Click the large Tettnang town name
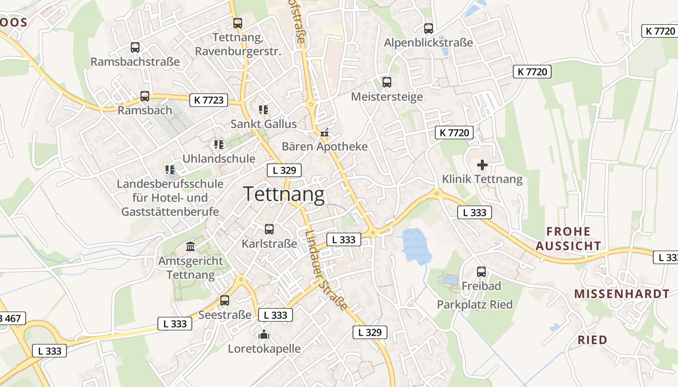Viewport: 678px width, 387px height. point(284,194)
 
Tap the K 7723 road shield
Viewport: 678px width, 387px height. point(209,100)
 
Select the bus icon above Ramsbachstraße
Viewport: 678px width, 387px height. point(135,47)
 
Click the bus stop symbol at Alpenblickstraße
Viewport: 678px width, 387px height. point(429,29)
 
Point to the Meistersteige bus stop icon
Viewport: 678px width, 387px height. point(386,82)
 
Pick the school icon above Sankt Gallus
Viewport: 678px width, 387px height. point(263,109)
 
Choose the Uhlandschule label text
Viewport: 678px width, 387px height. point(218,159)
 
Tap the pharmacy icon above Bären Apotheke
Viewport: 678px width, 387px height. point(324,132)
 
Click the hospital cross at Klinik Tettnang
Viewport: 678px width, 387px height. point(482,165)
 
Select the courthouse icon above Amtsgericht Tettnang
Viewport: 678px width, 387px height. point(190,247)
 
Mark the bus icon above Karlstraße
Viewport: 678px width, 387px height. point(269,229)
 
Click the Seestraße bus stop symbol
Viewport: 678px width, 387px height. point(225,300)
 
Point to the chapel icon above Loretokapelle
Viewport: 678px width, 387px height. point(263,334)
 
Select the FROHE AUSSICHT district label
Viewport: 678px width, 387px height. point(569,238)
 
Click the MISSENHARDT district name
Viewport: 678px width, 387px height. point(622,294)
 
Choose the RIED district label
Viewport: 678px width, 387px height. point(592,340)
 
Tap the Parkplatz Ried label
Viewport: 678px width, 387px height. point(475,305)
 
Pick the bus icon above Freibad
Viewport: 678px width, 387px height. point(481,272)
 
